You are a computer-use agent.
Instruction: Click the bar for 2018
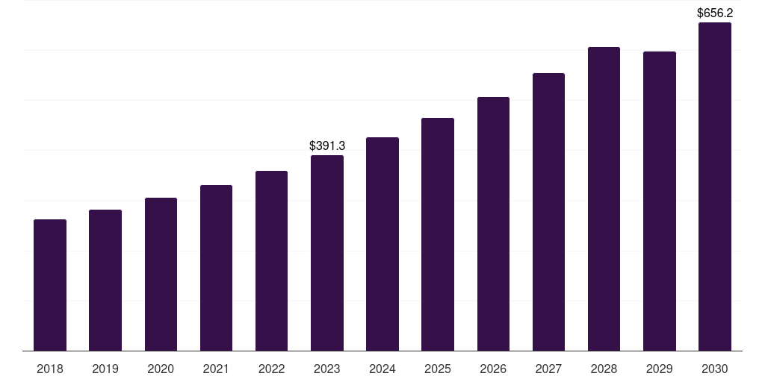click(50, 285)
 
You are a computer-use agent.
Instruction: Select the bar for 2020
click(161, 275)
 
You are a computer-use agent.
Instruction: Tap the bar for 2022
click(271, 260)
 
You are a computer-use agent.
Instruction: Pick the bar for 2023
click(327, 253)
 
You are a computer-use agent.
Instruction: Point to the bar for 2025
click(438, 234)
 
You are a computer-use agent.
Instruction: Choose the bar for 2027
click(548, 212)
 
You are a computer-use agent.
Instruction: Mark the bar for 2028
click(604, 198)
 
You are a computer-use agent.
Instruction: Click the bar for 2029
click(659, 201)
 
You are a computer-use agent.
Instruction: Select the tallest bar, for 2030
click(715, 187)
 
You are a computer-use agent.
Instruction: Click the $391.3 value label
click(327, 145)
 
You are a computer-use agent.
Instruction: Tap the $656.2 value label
click(715, 13)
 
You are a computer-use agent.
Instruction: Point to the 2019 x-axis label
click(105, 369)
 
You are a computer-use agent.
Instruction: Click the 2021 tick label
click(216, 369)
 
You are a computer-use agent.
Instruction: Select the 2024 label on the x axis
click(382, 369)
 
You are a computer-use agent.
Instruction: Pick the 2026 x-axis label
click(493, 369)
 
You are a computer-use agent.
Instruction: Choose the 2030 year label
click(715, 369)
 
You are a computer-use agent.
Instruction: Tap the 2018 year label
click(50, 369)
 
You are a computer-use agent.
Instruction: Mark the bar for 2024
click(382, 244)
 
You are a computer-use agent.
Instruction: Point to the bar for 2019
click(105, 281)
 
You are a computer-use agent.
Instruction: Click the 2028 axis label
click(604, 369)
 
